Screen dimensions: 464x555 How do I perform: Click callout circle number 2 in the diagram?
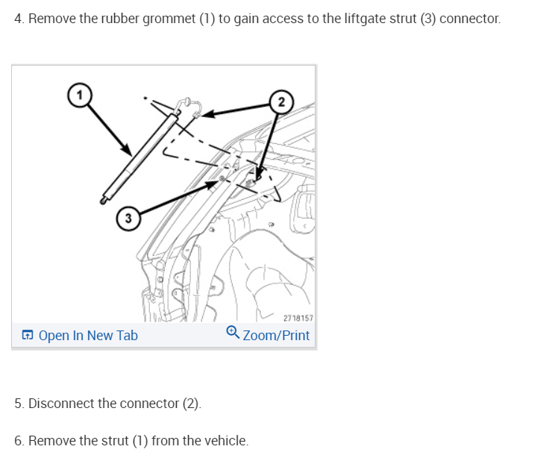coord(280,101)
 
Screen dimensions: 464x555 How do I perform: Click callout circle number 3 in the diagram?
coord(128,219)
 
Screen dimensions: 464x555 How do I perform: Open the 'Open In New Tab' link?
coord(88,336)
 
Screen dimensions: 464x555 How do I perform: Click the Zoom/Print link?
coord(276,336)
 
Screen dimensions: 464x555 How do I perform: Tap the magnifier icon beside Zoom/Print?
coord(232,333)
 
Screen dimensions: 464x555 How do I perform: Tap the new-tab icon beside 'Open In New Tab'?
coord(27,336)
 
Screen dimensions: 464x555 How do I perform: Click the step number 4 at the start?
coord(18,18)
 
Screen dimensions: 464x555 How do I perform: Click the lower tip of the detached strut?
coord(103,199)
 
